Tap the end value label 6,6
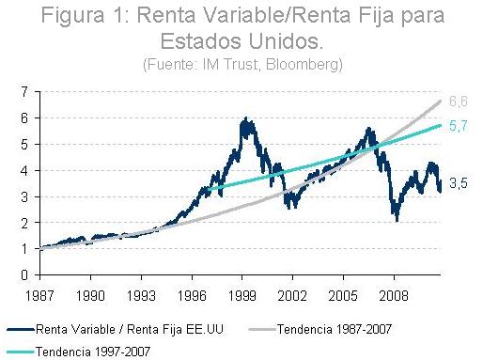coord(457,101)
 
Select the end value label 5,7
coord(457,125)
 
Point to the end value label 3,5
coord(457,183)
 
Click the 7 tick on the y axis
coord(25,91)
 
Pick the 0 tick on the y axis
coord(25,275)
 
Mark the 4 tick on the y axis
coord(25,170)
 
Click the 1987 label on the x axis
coord(39,293)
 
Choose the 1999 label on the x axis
coord(242,293)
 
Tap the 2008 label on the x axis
coord(395,293)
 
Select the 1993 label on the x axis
coord(141,293)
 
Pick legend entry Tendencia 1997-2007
coord(95,350)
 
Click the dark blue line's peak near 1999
coord(246,118)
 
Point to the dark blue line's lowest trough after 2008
coord(397,220)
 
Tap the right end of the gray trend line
coord(441,102)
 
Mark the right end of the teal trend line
coord(441,125)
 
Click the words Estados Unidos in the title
coord(241,43)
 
